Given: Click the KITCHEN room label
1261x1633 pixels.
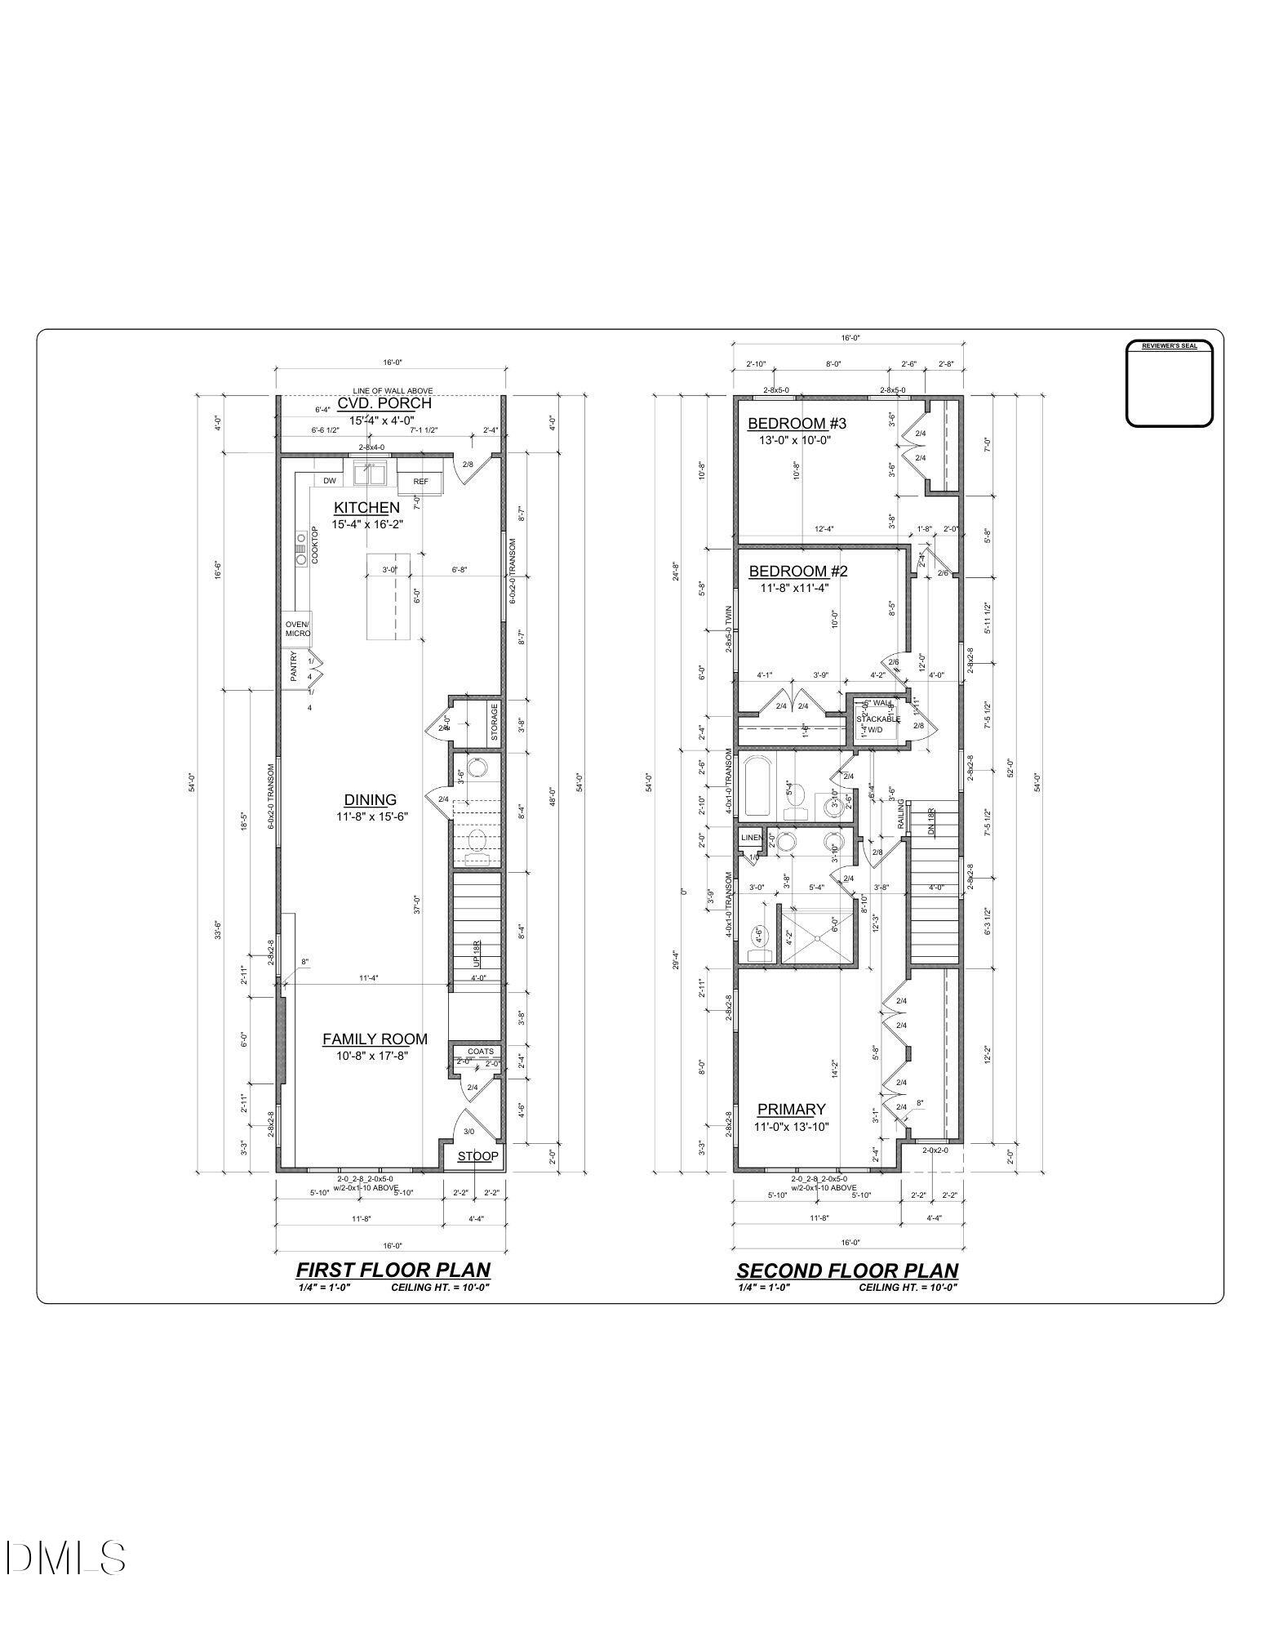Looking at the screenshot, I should click(366, 508).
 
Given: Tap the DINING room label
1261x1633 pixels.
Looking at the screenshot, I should click(370, 800).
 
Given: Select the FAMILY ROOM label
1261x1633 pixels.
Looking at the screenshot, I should click(375, 1039).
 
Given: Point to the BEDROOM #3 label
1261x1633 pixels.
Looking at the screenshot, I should click(786, 424).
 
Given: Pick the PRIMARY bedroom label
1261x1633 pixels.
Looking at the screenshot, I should click(791, 1110).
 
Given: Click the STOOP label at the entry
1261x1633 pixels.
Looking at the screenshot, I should click(477, 1156).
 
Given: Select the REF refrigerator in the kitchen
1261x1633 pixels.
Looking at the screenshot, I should click(420, 482).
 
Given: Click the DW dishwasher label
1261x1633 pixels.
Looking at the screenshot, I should click(330, 481).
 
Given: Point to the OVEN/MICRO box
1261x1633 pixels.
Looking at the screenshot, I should click(297, 630).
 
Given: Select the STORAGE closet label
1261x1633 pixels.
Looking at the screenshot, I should click(494, 722).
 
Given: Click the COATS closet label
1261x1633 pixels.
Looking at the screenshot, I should click(480, 1052).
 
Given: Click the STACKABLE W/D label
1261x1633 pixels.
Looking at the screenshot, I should click(878, 724).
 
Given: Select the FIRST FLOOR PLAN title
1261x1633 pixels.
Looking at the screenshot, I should click(393, 1270).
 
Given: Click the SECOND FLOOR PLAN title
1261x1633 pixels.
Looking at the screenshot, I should click(847, 1271).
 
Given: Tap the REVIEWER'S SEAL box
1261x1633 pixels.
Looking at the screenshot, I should click(1169, 384).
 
